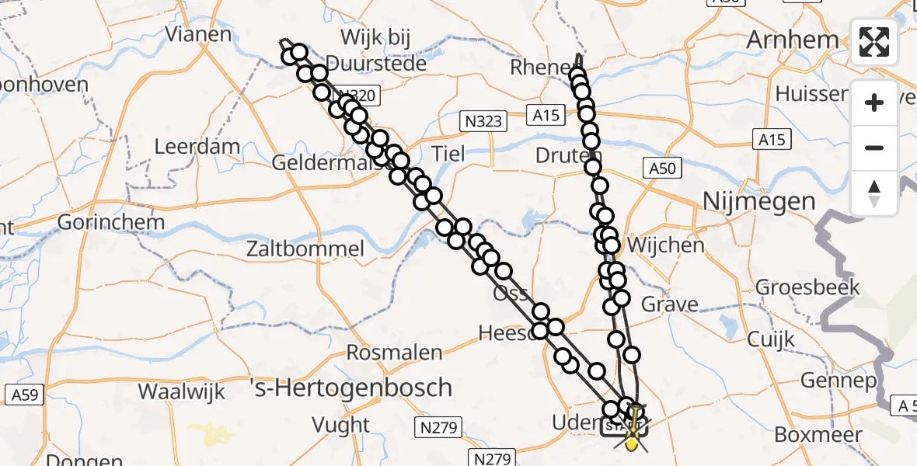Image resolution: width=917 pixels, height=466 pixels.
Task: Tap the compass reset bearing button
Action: pyautogui.click(x=874, y=193)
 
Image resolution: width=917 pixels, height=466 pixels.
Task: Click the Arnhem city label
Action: pyautogui.click(x=792, y=40)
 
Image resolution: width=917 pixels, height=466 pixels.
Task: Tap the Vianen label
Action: pyautogui.click(x=199, y=34)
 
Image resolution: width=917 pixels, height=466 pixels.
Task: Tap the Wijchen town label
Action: pyautogui.click(x=664, y=245)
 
